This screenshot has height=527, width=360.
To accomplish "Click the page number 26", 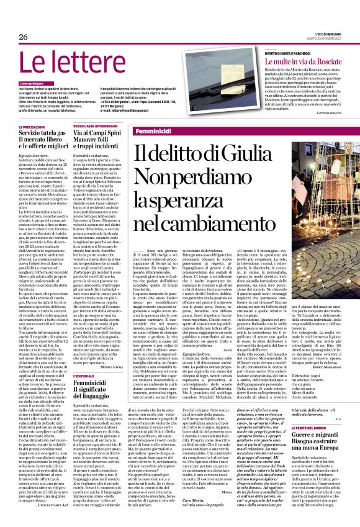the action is (x=24, y=37).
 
